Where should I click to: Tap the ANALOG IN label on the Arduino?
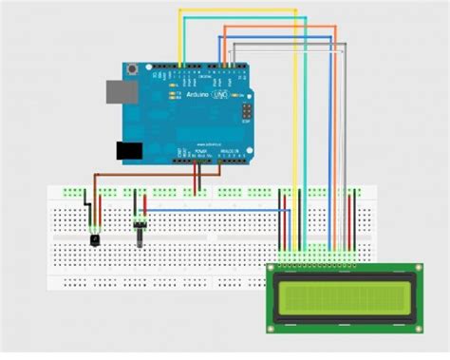(231, 149)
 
